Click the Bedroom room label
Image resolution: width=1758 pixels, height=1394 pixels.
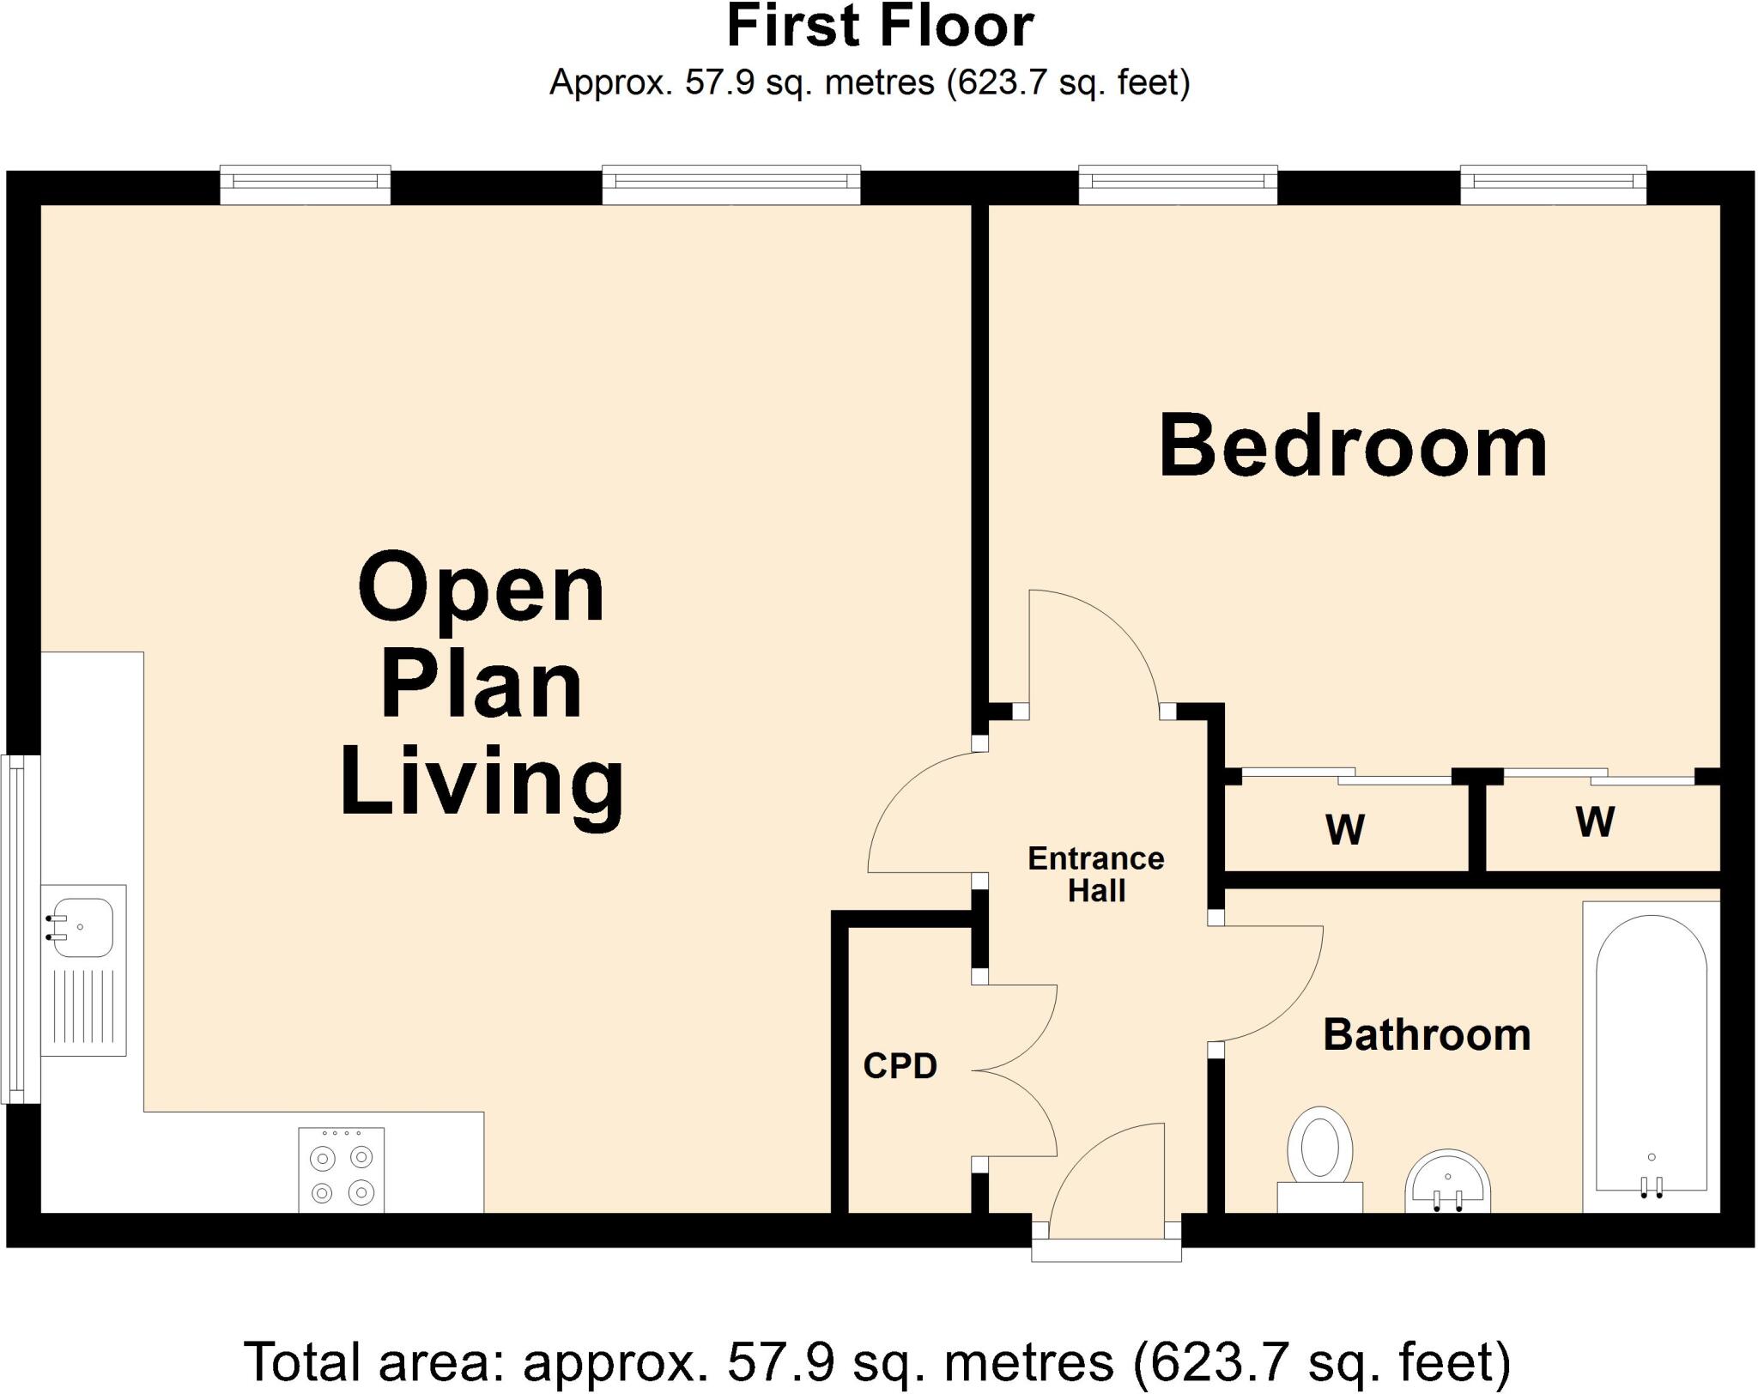click(1353, 447)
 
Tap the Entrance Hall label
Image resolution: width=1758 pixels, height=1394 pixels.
click(1095, 874)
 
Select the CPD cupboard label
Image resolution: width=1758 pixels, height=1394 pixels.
click(900, 1066)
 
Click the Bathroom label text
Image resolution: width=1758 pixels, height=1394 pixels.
click(1427, 1035)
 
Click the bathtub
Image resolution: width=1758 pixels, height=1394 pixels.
click(1651, 1056)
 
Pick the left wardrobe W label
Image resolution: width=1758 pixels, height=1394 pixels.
click(1344, 829)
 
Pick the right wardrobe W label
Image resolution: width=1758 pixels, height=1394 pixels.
click(1595, 822)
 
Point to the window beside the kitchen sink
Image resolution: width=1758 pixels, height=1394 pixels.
click(19, 928)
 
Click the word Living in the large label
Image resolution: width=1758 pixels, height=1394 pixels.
click(482, 783)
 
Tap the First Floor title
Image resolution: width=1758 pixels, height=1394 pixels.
click(879, 27)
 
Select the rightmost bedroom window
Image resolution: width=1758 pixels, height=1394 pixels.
click(1554, 185)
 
